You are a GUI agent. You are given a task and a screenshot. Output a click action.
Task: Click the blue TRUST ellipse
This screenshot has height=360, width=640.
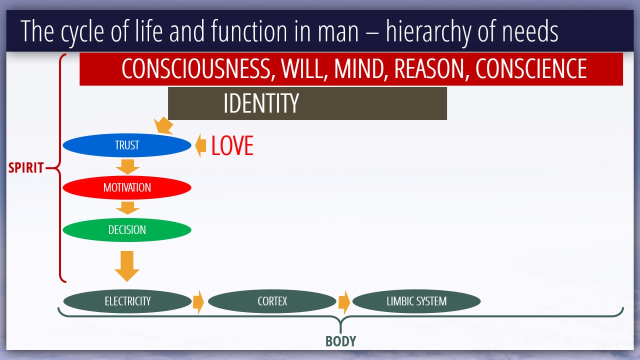point(127,145)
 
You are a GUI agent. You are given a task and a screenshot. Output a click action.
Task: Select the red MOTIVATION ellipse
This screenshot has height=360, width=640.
point(127,187)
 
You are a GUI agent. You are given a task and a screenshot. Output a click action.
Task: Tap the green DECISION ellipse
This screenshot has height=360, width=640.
point(127,229)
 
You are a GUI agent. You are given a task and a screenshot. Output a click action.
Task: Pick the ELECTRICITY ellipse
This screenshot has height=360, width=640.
point(127,301)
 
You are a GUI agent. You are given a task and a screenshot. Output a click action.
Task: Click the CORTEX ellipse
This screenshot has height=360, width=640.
point(272,301)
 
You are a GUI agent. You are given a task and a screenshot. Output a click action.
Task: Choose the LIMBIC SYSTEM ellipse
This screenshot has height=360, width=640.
point(416,301)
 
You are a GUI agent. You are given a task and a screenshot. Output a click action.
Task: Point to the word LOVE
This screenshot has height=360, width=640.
point(232,145)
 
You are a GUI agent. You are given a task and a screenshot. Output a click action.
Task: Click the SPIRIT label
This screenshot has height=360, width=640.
point(25,167)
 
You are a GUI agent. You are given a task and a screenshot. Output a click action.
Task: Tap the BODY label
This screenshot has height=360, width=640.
point(341,341)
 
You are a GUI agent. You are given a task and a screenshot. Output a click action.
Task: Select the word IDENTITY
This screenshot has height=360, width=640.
point(261,103)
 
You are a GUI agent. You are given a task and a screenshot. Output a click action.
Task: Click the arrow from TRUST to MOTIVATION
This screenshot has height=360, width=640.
point(127,167)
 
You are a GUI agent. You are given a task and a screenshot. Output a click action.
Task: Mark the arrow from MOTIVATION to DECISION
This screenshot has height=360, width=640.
point(127,208)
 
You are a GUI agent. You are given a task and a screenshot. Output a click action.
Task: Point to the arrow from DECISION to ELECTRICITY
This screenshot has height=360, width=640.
point(127,266)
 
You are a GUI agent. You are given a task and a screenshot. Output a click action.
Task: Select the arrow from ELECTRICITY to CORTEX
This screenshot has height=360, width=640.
point(198,302)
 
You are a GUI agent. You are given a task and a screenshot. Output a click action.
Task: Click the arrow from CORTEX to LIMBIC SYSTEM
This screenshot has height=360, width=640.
point(344,302)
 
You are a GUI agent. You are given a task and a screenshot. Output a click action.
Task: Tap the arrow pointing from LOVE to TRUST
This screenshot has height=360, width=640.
point(200,145)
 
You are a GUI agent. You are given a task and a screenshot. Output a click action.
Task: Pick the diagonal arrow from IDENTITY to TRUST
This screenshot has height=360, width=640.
point(163,125)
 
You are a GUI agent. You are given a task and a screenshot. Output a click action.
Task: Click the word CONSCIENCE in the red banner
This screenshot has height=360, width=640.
point(531,68)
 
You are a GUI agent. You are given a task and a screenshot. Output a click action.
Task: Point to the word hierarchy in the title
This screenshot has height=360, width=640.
point(428,31)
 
